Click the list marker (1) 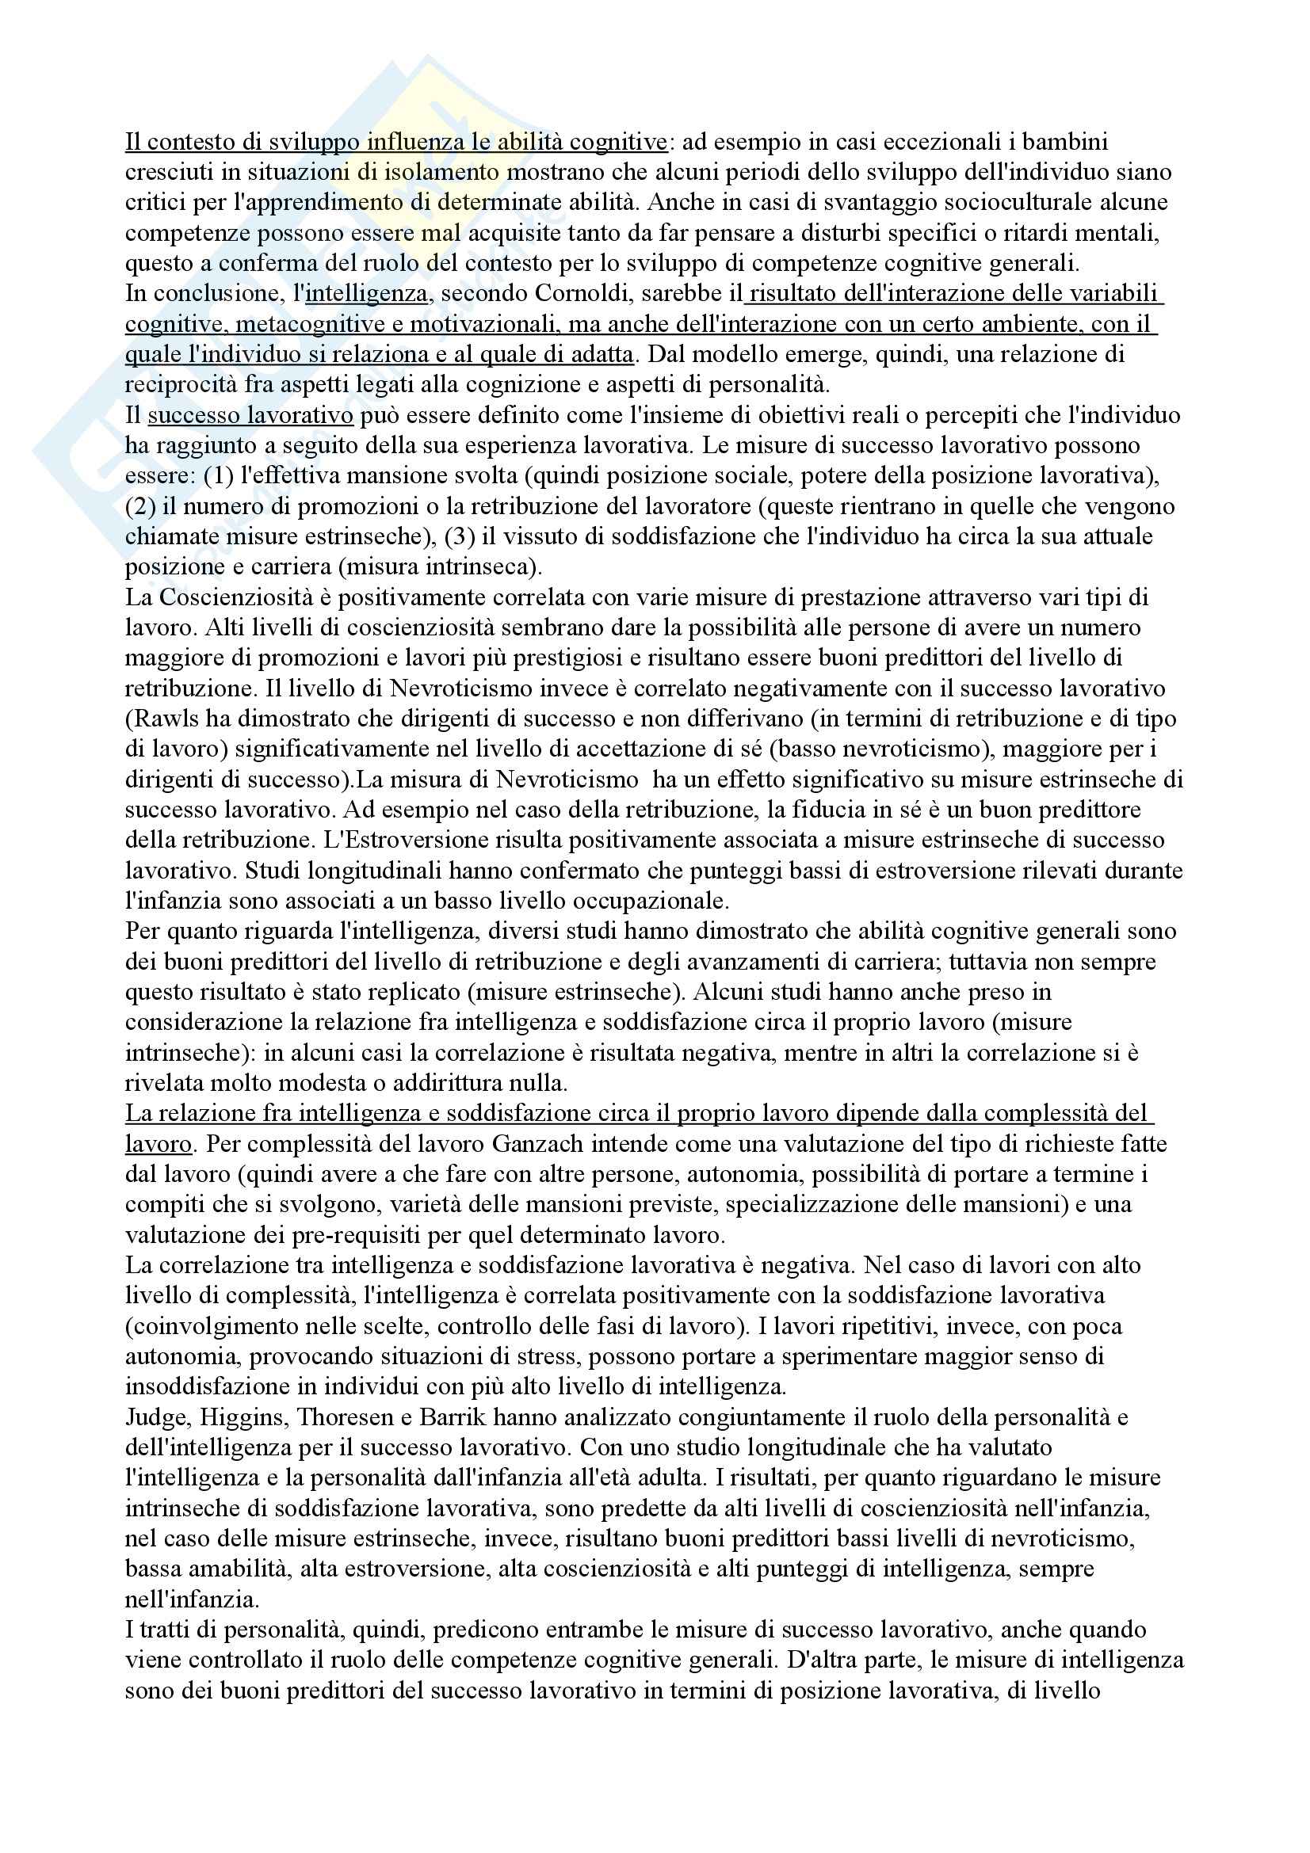pos(218,476)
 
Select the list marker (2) pos(139,507)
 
